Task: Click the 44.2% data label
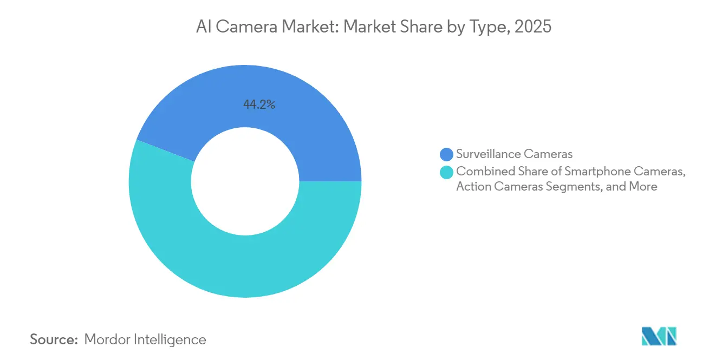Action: point(259,105)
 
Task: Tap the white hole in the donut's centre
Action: point(245,181)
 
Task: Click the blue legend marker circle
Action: point(447,154)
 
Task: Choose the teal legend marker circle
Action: point(447,172)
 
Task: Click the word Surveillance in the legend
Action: point(489,154)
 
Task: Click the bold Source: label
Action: point(54,339)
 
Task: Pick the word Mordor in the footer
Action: point(108,339)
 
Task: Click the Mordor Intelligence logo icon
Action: point(659,336)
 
